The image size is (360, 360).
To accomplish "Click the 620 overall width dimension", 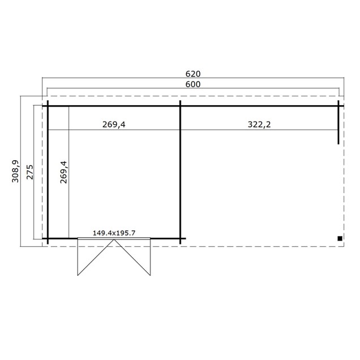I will pos(193,74).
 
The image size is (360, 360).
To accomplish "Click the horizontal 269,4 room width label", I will pos(114,125).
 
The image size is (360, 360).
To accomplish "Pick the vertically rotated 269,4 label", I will pos(63,172).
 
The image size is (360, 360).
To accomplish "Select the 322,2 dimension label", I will pos(260,125).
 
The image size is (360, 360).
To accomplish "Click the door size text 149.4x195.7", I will pos(114,233).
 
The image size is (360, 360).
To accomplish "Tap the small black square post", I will pos(339,238).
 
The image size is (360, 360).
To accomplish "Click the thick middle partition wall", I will pos(180,170).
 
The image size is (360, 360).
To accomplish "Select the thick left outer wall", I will pos(48,170).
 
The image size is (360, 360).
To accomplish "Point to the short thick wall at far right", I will pos(338,122).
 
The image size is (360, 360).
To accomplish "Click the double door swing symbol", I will pos(115,257).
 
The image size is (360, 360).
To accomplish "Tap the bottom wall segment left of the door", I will pos(62,238).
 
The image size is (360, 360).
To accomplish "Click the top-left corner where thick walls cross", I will pos(48,106).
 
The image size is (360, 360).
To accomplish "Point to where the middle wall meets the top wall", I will pos(180,106).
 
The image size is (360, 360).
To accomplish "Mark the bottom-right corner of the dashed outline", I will pos(344,246).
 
